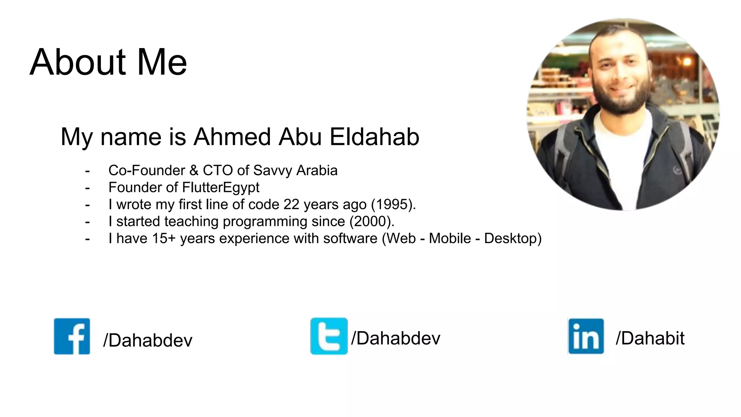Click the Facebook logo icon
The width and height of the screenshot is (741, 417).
(x=72, y=336)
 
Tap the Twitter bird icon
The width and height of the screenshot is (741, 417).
(x=329, y=336)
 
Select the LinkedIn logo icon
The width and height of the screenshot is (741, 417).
(x=586, y=336)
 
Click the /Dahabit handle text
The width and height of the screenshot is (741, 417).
(x=650, y=338)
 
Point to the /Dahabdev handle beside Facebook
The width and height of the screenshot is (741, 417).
(x=148, y=340)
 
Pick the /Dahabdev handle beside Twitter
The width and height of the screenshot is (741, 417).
(x=395, y=338)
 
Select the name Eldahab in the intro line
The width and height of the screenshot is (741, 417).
(x=374, y=137)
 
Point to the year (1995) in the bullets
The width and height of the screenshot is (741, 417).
(x=393, y=205)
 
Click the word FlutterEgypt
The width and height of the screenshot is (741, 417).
(x=221, y=188)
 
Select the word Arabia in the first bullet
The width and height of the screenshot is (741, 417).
(x=317, y=170)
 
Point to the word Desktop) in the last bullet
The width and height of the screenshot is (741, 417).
(x=513, y=239)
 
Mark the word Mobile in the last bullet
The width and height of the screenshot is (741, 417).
(x=450, y=239)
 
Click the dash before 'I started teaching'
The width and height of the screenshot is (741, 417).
(x=87, y=222)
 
